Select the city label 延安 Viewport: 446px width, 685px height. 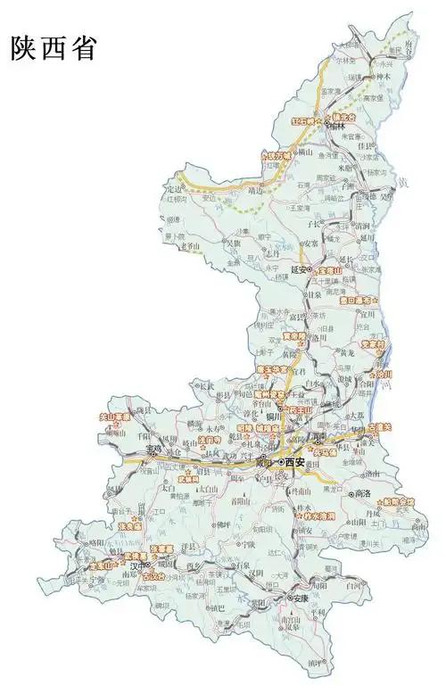click(299, 268)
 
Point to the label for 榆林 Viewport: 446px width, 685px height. click(336, 127)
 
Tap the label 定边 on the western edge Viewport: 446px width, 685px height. click(178, 188)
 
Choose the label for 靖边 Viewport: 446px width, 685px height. click(256, 190)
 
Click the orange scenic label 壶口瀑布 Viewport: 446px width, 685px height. click(361, 301)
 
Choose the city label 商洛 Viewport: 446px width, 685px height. click(363, 493)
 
